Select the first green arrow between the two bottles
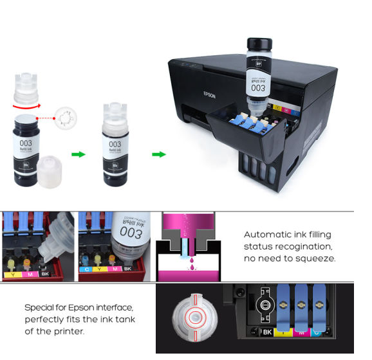tap(77, 154)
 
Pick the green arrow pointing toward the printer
tap(158, 154)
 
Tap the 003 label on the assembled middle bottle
tap(115, 145)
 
